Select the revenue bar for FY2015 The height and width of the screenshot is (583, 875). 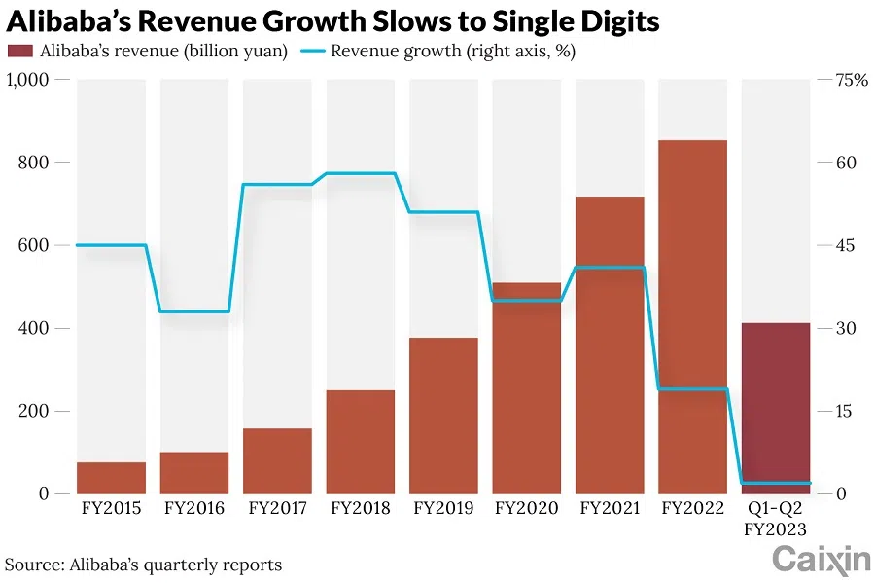(111, 478)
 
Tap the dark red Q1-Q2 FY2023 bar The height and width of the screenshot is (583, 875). (776, 409)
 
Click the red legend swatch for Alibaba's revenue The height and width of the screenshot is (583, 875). (20, 52)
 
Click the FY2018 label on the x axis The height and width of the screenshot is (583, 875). (361, 508)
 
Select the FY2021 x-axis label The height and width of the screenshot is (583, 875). (610, 508)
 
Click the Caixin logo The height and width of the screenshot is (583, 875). (821, 560)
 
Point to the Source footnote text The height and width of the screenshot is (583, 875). (144, 565)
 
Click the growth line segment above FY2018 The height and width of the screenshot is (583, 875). (361, 173)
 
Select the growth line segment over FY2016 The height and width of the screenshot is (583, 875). (194, 311)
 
